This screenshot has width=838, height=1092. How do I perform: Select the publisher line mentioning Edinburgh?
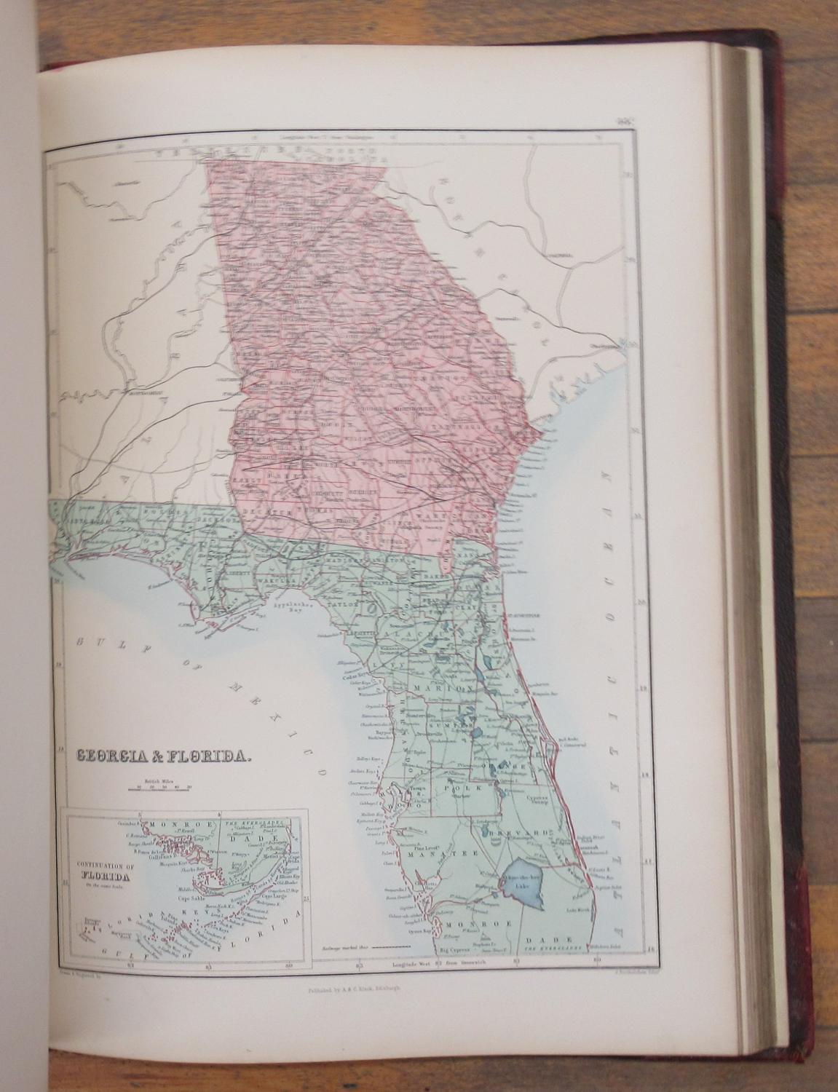tap(355, 991)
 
